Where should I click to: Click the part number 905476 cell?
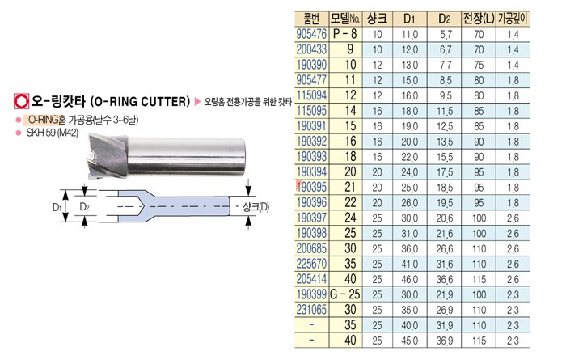311,34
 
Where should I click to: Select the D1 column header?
409,19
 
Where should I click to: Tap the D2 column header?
445,19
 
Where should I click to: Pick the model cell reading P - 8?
344,34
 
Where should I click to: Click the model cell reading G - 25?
345,294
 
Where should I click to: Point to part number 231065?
311,310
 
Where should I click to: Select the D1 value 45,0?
410,341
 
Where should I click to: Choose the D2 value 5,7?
446,34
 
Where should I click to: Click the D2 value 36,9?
445,341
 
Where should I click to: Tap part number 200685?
311,248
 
